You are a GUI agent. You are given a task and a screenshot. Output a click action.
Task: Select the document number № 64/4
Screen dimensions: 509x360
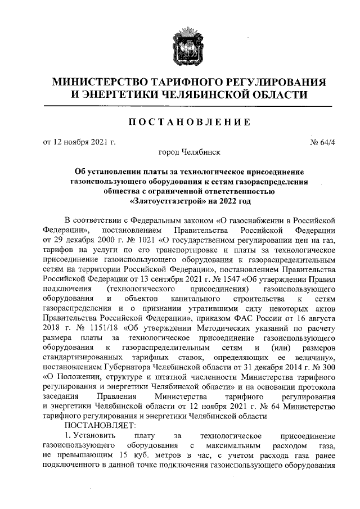click(323, 142)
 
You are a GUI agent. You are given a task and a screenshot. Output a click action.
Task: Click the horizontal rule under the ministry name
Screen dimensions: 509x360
click(179, 106)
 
